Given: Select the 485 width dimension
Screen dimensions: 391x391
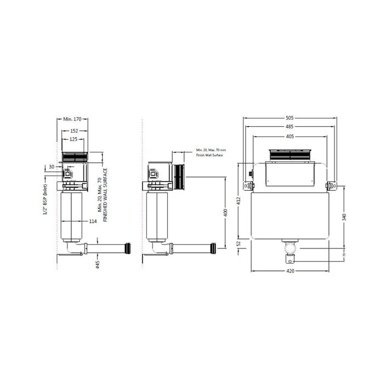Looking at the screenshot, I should click(290, 127).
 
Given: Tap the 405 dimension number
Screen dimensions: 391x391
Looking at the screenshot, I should click(290, 136).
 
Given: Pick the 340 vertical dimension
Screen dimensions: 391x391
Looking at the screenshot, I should click(344, 217).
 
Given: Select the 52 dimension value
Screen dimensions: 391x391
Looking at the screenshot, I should click(239, 243).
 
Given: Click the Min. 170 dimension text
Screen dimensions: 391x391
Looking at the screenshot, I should click(72, 118).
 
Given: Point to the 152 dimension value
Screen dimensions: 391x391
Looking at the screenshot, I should click(73, 131).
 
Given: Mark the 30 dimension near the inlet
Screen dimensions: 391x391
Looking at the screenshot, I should click(52, 167).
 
